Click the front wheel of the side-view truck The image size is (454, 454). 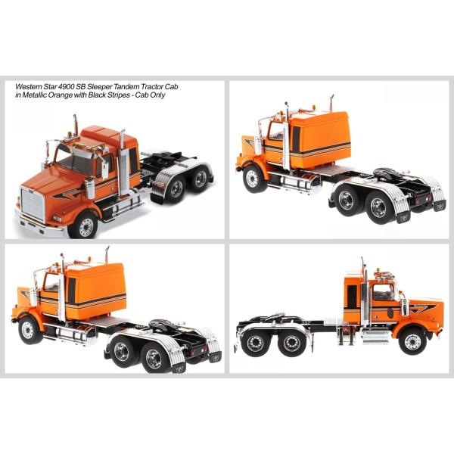coord(413,340)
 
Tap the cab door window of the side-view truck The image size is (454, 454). coord(384,292)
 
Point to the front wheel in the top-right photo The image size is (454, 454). coord(252,179)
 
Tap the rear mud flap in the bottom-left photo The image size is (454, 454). coord(179,367)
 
